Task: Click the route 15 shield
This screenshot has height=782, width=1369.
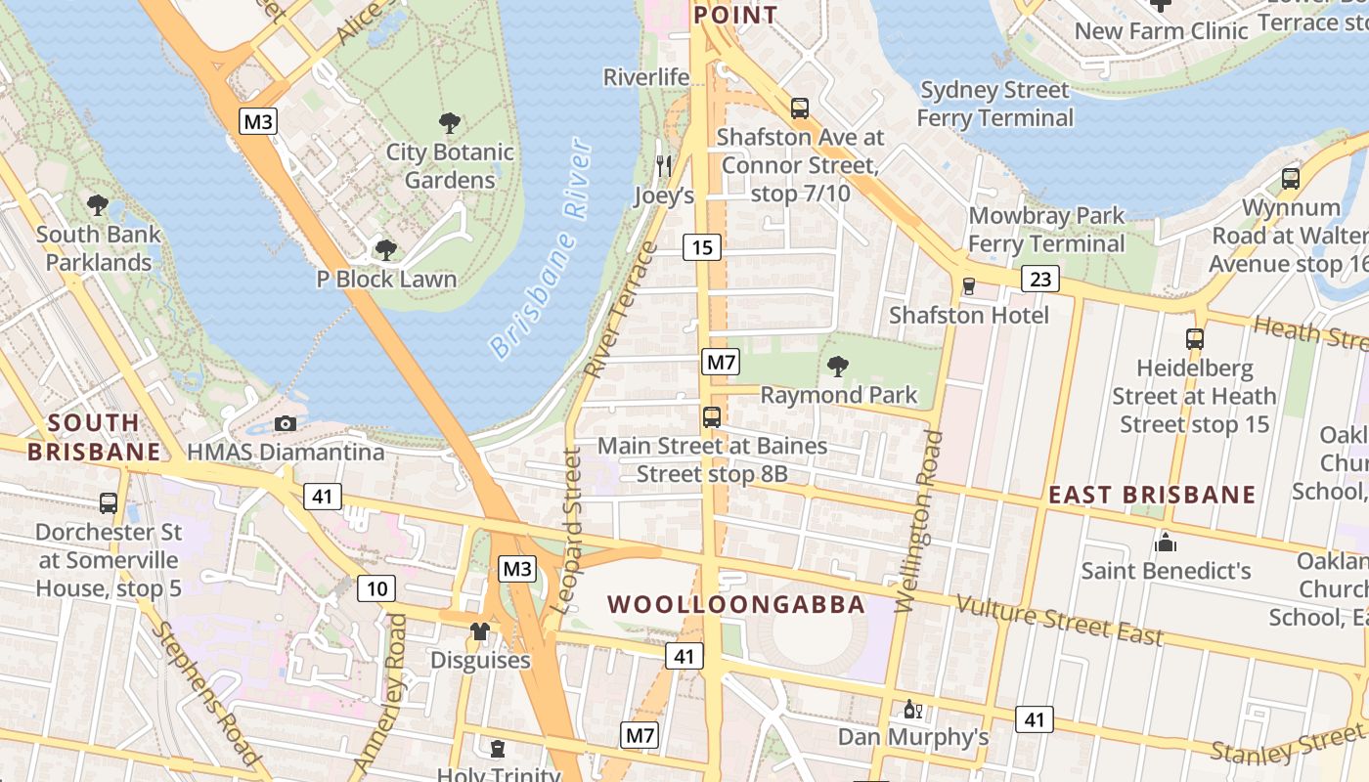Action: pos(702,247)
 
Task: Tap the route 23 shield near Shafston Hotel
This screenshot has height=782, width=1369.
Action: pos(1040,280)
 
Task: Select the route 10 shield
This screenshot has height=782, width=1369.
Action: pos(376,588)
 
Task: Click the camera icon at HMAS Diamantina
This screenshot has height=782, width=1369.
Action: pos(286,423)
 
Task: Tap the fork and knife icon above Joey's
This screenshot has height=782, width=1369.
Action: pos(664,165)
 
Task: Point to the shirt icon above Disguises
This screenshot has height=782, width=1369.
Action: pos(479,631)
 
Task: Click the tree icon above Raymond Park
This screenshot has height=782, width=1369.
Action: pos(837,367)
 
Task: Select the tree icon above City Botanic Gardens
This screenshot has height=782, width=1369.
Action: pos(450,123)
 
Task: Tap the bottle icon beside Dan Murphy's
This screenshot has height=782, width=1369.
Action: pos(911,709)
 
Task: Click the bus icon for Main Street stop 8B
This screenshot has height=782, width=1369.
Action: pos(712,417)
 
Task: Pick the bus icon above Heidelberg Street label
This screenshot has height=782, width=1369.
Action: pos(1194,339)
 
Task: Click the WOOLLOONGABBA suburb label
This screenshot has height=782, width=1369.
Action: pos(736,604)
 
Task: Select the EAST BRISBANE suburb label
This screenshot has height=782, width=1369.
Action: pos(1152,495)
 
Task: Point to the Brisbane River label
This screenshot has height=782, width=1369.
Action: pos(541,249)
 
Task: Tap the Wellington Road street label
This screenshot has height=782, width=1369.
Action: pos(919,521)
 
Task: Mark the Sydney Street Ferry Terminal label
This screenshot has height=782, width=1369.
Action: pos(995,105)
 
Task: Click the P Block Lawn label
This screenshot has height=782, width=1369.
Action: pos(386,280)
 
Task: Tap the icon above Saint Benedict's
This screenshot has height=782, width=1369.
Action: pos(1166,542)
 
